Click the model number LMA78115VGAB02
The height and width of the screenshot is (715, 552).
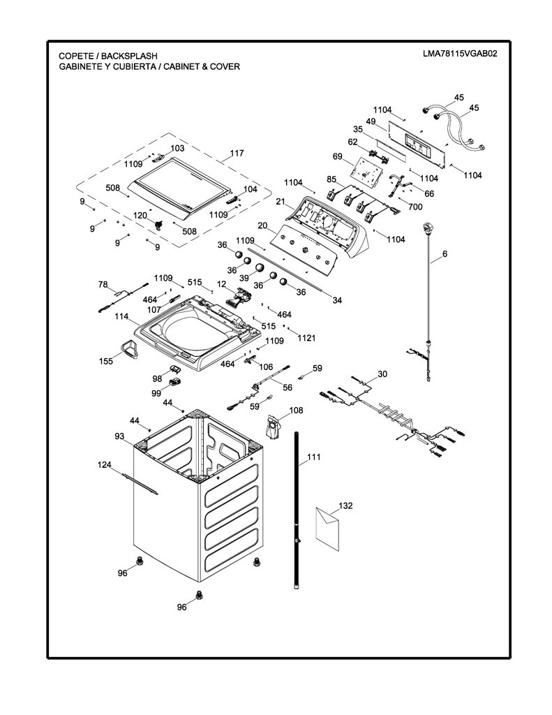459,53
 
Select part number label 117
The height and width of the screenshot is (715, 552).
237,153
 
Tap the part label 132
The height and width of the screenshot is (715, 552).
345,506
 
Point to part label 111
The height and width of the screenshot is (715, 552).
313,457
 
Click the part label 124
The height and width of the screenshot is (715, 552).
105,464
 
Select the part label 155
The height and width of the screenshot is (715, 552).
106,361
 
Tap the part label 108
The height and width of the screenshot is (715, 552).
296,410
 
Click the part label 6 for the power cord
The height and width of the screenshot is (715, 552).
445,254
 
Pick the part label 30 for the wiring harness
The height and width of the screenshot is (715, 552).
382,374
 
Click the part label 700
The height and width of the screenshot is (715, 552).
415,207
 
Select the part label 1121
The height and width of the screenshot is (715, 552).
306,338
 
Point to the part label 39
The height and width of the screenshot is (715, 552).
244,277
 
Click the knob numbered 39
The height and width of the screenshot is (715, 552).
260,267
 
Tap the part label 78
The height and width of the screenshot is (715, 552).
103,285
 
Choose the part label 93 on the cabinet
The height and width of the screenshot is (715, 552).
119,437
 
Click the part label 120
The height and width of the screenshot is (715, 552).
140,215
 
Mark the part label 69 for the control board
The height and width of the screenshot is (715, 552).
337,156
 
